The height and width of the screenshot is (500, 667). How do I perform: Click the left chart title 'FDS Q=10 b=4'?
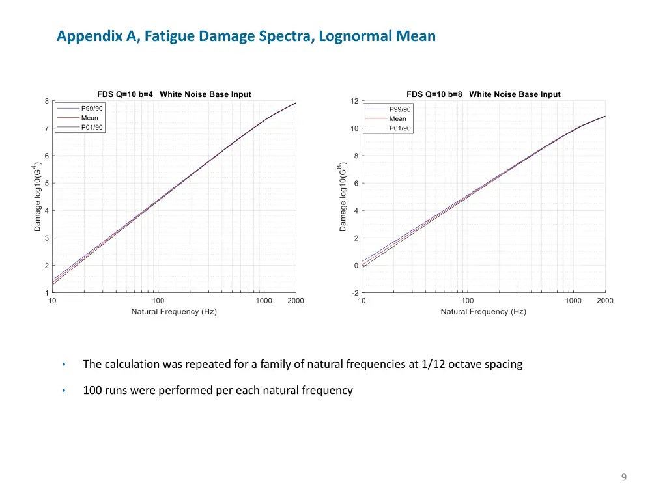pos(125,94)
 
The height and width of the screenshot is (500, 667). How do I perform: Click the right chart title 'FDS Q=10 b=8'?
pos(434,94)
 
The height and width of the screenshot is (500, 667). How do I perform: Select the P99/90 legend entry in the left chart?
pos(91,108)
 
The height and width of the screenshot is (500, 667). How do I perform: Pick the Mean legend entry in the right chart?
pos(397,118)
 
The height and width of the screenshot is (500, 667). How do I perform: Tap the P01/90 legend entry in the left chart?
pos(91,127)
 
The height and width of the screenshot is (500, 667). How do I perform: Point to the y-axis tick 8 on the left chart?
pos(46,101)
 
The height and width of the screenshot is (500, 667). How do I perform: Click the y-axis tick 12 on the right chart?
pos(354,101)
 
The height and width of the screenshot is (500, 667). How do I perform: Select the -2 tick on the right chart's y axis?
pos(355,293)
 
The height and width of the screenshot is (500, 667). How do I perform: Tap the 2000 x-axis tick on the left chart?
pos(296,301)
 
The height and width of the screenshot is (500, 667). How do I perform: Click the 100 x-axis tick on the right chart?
pos(468,301)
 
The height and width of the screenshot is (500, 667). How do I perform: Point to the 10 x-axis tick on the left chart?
pos(52,301)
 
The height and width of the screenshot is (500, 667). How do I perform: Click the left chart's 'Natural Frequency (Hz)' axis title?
pos(174,312)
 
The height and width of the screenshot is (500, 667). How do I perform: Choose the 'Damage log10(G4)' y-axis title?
pos(37,197)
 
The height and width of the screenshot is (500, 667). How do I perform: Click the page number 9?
pos(623,478)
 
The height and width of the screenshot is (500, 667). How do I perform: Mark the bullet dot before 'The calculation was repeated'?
pos(64,365)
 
